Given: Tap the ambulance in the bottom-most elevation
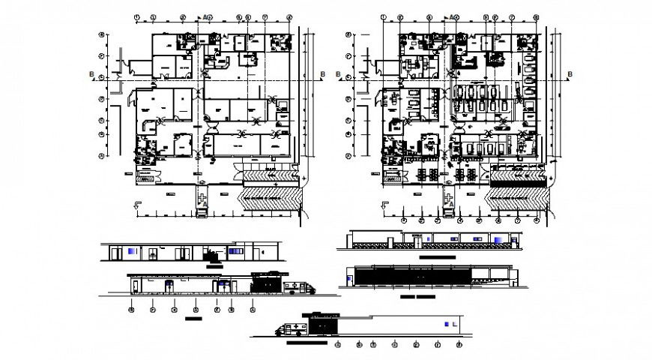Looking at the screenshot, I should [289, 328].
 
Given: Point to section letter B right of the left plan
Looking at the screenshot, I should [322, 73].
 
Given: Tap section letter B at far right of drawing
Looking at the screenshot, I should [570, 73].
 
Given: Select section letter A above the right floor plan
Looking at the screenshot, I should [453, 16].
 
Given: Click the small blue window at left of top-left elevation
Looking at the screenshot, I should [133, 250].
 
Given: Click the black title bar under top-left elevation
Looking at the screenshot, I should [215, 266].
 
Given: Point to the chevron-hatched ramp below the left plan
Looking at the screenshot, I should [270, 201].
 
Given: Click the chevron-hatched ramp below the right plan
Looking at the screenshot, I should [519, 201].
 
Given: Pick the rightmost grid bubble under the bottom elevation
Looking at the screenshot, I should [459, 345].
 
